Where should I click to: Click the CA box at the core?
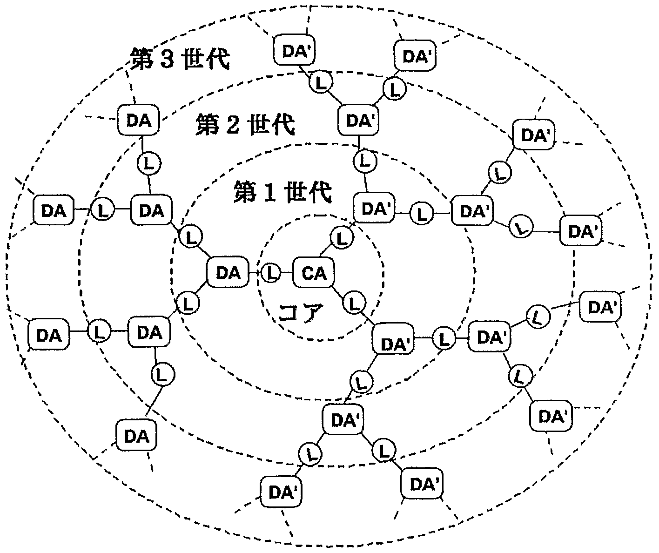[x=314, y=273]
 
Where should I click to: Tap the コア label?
[x=301, y=313]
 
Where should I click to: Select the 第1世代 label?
[x=282, y=192]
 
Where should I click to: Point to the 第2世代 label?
[x=245, y=125]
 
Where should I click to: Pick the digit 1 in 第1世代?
[x=269, y=193]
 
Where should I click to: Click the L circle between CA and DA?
[x=271, y=273]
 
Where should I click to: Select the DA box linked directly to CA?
[x=228, y=273]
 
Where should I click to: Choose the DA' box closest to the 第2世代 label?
[x=358, y=121]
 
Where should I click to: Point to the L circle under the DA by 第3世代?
[x=149, y=163]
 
